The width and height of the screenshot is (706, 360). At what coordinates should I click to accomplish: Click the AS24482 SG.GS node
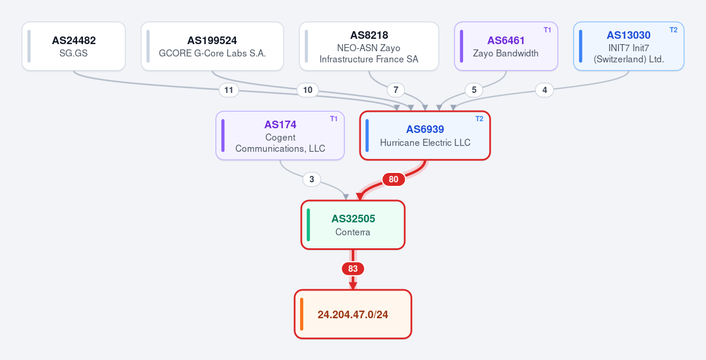(74, 46)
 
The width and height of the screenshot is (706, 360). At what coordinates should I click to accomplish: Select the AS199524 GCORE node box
(212, 46)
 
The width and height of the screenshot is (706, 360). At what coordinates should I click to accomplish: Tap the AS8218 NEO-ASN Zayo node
(369, 46)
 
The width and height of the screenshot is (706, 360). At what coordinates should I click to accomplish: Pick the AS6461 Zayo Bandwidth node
(506, 46)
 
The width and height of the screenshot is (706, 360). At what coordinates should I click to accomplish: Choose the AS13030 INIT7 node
(629, 46)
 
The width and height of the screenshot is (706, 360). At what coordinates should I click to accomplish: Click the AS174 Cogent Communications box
(280, 135)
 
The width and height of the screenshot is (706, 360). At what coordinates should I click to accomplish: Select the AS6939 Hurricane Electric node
(425, 135)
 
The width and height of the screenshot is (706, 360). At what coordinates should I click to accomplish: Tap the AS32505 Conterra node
(353, 225)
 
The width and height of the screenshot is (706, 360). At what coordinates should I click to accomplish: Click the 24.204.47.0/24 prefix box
(353, 314)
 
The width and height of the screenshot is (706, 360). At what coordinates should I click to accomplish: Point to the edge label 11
(229, 90)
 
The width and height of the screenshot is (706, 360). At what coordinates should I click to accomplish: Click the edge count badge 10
(308, 90)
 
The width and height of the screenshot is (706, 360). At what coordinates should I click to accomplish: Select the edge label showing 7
(396, 90)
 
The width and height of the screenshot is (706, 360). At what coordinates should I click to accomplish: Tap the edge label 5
(474, 90)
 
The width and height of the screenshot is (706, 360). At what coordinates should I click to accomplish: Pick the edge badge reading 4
(545, 90)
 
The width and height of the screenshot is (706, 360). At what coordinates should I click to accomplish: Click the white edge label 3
(312, 179)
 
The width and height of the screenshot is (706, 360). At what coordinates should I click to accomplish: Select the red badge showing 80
(394, 179)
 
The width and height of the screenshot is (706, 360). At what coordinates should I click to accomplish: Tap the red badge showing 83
(353, 269)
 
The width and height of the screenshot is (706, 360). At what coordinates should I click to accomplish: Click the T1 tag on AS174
(334, 119)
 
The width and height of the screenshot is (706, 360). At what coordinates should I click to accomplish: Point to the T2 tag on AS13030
(674, 30)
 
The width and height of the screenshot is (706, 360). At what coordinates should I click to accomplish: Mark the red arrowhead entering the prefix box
(353, 286)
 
